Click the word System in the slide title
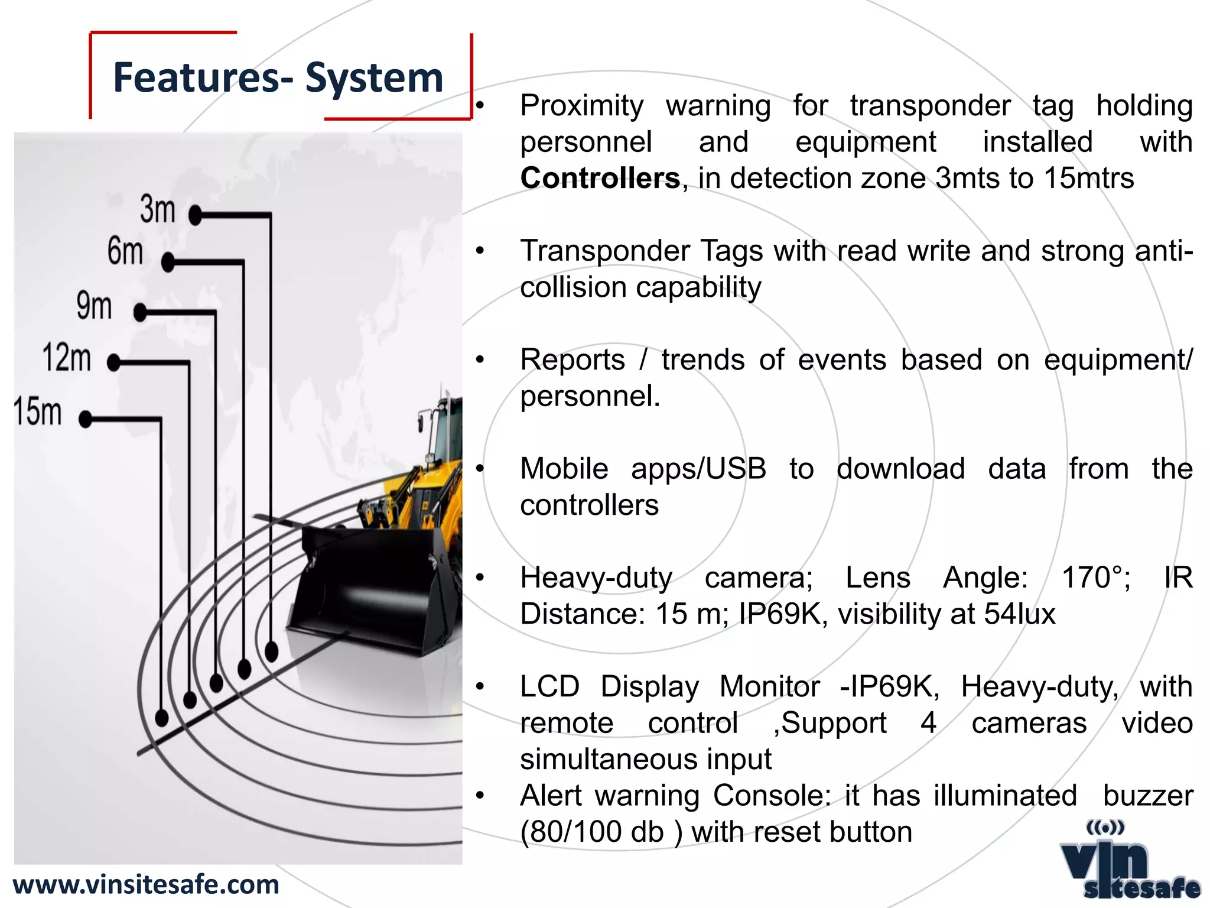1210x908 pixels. pyautogui.click(x=374, y=78)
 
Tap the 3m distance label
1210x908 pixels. pyautogui.click(x=158, y=209)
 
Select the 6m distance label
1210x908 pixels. pyautogui.click(x=125, y=251)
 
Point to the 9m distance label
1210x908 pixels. pyautogui.click(x=94, y=306)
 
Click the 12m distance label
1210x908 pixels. pyautogui.click(x=67, y=358)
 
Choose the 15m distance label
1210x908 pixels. pyautogui.click(x=38, y=411)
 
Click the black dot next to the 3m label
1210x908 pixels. pyautogui.click(x=196, y=215)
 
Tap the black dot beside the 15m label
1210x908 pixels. pyautogui.click(x=86, y=420)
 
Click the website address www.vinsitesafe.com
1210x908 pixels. pyautogui.click(x=146, y=885)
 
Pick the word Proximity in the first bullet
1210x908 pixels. pyautogui.click(x=582, y=106)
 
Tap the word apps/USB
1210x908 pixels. pyautogui.click(x=698, y=469)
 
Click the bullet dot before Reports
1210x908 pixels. pyautogui.click(x=480, y=359)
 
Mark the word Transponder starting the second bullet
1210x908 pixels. pyautogui.click(x=604, y=251)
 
